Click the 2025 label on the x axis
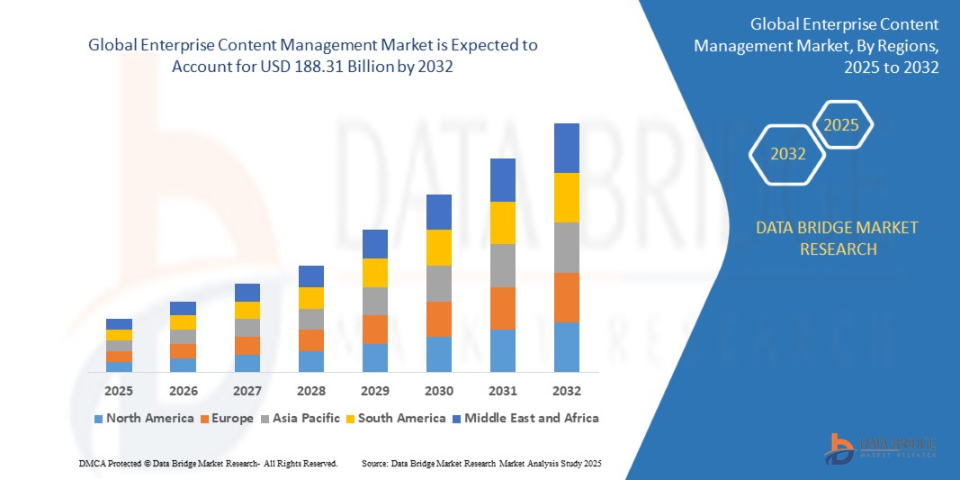(119, 391)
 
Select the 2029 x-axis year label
(374, 391)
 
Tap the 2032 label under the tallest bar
(566, 391)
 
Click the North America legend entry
(143, 418)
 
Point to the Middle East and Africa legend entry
(525, 418)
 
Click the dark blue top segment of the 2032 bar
(566, 148)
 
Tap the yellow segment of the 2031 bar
(502, 222)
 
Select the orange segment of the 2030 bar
(438, 319)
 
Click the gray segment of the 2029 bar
(374, 301)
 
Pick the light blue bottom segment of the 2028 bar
(310, 361)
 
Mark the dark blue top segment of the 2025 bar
(119, 324)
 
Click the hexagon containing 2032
(788, 154)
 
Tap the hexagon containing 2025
(842, 125)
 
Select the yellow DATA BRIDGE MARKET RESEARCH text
(838, 238)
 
